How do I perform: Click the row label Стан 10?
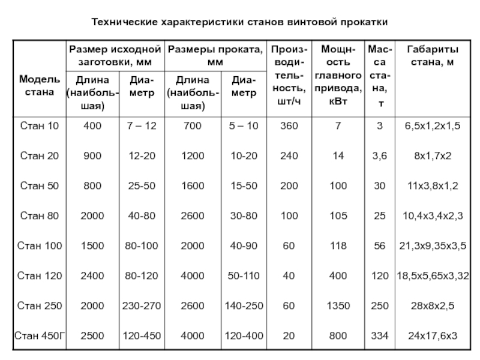pyautogui.click(x=40, y=126)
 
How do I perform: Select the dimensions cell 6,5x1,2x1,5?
pyautogui.click(x=433, y=126)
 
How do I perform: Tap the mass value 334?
pyautogui.click(x=379, y=335)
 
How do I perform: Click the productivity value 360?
pyautogui.click(x=290, y=126)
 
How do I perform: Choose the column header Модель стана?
pyautogui.click(x=40, y=86)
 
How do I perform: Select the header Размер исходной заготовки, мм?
pyautogui.click(x=115, y=55)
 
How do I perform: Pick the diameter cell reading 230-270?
pyautogui.click(x=142, y=305)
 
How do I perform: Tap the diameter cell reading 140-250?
pyautogui.click(x=244, y=305)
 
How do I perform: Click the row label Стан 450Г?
pyautogui.click(x=40, y=335)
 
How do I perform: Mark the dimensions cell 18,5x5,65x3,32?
pyautogui.click(x=433, y=275)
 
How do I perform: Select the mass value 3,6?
pyautogui.click(x=379, y=156)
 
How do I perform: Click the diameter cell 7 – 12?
pyautogui.click(x=142, y=126)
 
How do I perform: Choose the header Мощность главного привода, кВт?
pyautogui.click(x=338, y=76)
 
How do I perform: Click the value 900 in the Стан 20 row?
pyautogui.click(x=93, y=156)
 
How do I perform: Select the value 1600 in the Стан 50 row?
pyautogui.click(x=193, y=186)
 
